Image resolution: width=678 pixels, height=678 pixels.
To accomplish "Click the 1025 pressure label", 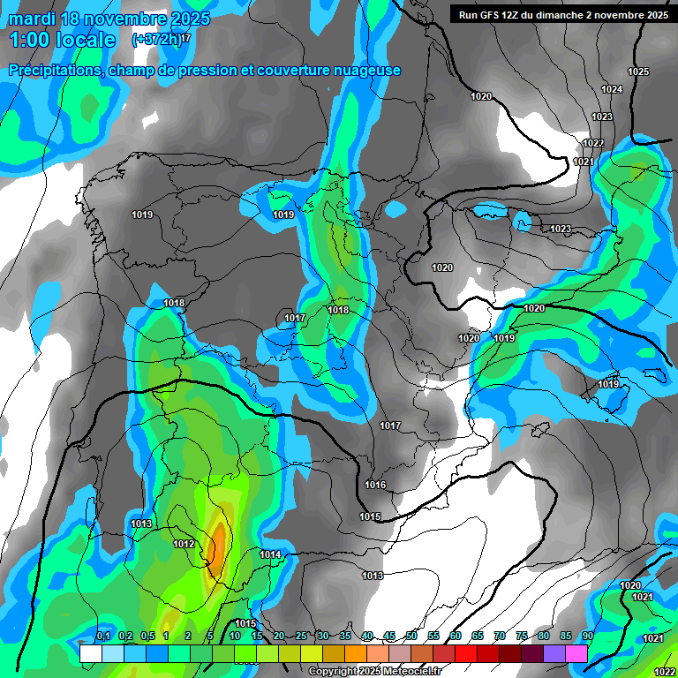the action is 637,72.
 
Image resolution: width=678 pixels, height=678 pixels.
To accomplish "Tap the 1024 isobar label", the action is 611,90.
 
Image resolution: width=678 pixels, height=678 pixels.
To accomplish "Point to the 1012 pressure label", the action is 184,544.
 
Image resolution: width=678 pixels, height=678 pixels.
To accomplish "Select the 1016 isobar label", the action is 375,485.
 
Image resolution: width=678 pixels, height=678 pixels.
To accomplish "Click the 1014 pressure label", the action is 270,554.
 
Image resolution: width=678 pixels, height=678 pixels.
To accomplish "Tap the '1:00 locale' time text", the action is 62,40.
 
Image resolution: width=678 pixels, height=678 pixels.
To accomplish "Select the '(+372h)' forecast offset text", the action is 156,39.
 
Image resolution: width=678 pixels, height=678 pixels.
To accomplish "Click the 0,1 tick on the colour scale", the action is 102,637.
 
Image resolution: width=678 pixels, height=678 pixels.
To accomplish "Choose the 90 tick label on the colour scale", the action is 587,637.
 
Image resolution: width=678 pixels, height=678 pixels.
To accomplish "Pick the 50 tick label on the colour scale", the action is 411,637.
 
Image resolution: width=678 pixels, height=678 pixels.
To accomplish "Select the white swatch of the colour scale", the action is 90,653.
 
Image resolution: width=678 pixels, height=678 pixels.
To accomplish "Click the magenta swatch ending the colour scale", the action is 576,653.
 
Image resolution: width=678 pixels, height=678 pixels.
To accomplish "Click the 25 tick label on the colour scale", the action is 301,637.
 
